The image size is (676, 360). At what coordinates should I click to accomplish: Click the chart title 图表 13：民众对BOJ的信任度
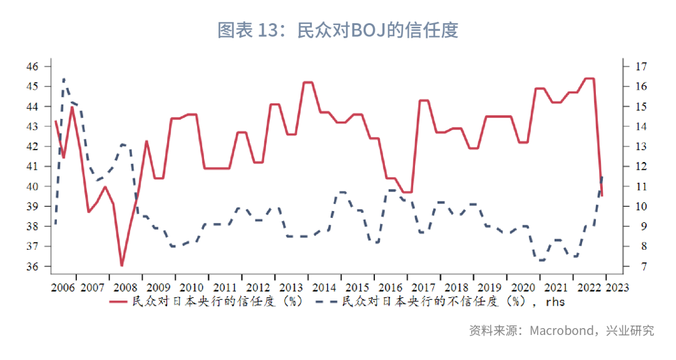[337, 30]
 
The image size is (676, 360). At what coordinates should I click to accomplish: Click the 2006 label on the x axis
[64, 288]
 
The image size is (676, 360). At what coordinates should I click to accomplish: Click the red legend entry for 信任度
[207, 302]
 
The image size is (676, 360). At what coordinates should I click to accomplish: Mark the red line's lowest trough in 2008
[121, 265]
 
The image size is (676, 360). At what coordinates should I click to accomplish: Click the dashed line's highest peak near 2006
[64, 80]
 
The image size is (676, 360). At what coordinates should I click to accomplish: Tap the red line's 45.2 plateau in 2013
[307, 82]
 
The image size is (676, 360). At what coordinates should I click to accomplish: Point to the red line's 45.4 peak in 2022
[589, 78]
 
